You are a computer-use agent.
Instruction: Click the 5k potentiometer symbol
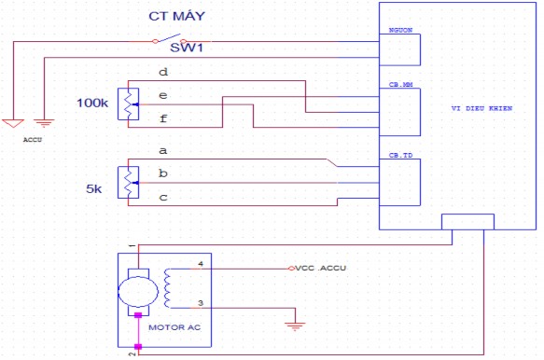pos(128,181)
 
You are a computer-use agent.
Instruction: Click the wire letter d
pos(163,72)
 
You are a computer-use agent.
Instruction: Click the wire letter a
pos(163,149)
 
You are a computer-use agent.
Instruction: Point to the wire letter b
pos(163,173)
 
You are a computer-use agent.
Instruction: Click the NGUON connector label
pos(401,31)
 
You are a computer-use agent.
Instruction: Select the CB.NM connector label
pos(401,84)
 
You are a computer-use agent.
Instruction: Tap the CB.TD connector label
pos(401,155)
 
